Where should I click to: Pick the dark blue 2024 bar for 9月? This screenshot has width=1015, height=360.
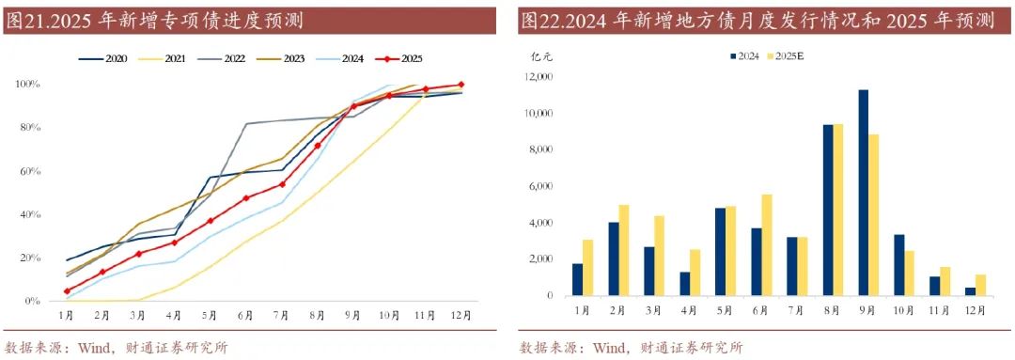tap(863, 193)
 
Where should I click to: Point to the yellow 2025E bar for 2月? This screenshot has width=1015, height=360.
tap(623, 250)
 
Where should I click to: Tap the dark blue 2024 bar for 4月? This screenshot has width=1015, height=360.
tap(685, 284)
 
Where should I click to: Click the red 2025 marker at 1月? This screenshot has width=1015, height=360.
tap(67, 290)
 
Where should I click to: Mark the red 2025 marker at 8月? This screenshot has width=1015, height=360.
tap(317, 146)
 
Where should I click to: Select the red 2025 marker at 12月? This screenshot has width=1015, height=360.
tap(461, 85)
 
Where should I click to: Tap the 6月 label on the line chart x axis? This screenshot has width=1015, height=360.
tap(246, 315)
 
